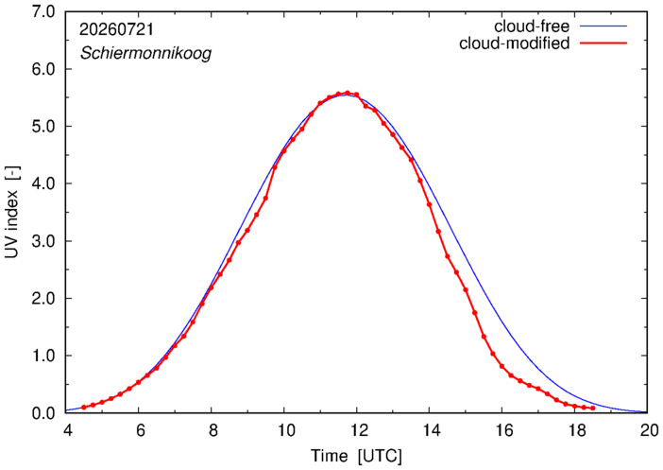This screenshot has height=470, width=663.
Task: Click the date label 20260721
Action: pyautogui.click(x=117, y=29)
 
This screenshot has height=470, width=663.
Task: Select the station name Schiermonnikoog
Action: pyautogui.click(x=145, y=54)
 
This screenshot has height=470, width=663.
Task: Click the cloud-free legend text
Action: pyautogui.click(x=532, y=26)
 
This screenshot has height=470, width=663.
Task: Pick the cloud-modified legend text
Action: pyautogui.click(x=514, y=44)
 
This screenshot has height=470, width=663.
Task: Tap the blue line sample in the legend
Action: pyautogui.click(x=603, y=26)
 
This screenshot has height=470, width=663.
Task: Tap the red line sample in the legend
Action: pyautogui.click(x=603, y=44)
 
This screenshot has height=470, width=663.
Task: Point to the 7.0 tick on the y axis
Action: pyautogui.click(x=43, y=12)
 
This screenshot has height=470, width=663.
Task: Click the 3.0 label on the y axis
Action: pyautogui.click(x=43, y=241)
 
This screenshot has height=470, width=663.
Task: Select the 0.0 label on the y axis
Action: pyautogui.click(x=43, y=413)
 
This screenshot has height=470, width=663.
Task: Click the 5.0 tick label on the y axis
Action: pyautogui.click(x=43, y=126)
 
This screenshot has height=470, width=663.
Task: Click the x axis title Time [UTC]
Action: pyautogui.click(x=356, y=456)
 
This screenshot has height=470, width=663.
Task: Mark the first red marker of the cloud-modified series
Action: pyautogui.click(x=84, y=408)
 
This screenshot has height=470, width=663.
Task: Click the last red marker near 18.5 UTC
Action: pyautogui.click(x=593, y=409)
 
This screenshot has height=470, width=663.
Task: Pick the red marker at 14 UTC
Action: pyautogui.click(x=429, y=204)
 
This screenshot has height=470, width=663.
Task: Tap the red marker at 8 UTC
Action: pyautogui.click(x=211, y=287)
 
